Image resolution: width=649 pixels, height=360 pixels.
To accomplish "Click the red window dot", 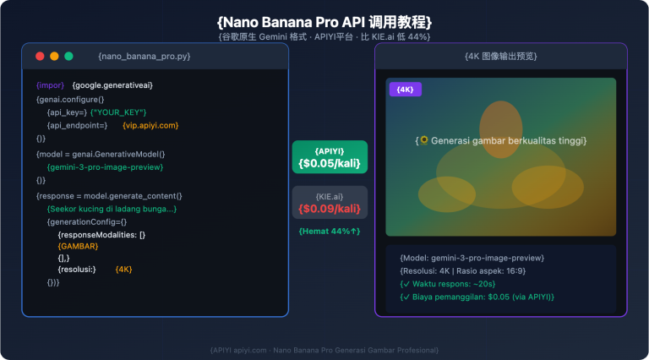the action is click(40, 56).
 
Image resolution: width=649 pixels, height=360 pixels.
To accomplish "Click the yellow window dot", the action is click(54, 56).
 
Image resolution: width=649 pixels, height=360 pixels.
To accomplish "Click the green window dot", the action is click(68, 56).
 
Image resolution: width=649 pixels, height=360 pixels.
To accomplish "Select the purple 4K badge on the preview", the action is click(404, 89).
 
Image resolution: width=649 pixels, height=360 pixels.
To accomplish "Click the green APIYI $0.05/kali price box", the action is click(330, 157).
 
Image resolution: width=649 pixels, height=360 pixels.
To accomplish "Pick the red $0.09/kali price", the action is click(330, 209).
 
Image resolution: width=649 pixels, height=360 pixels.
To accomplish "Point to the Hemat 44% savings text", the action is click(330, 231).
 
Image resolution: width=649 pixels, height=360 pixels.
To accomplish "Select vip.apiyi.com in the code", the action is click(151, 125).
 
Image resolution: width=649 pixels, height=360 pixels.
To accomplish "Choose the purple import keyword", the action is click(50, 85).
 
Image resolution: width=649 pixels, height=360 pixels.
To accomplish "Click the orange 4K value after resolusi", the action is click(123, 269).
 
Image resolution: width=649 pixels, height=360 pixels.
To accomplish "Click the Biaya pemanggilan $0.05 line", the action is click(477, 297).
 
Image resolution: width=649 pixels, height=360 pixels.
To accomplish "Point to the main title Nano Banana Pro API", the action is click(324, 20).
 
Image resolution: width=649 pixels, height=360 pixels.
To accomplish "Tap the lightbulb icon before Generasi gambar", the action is click(424, 140).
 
